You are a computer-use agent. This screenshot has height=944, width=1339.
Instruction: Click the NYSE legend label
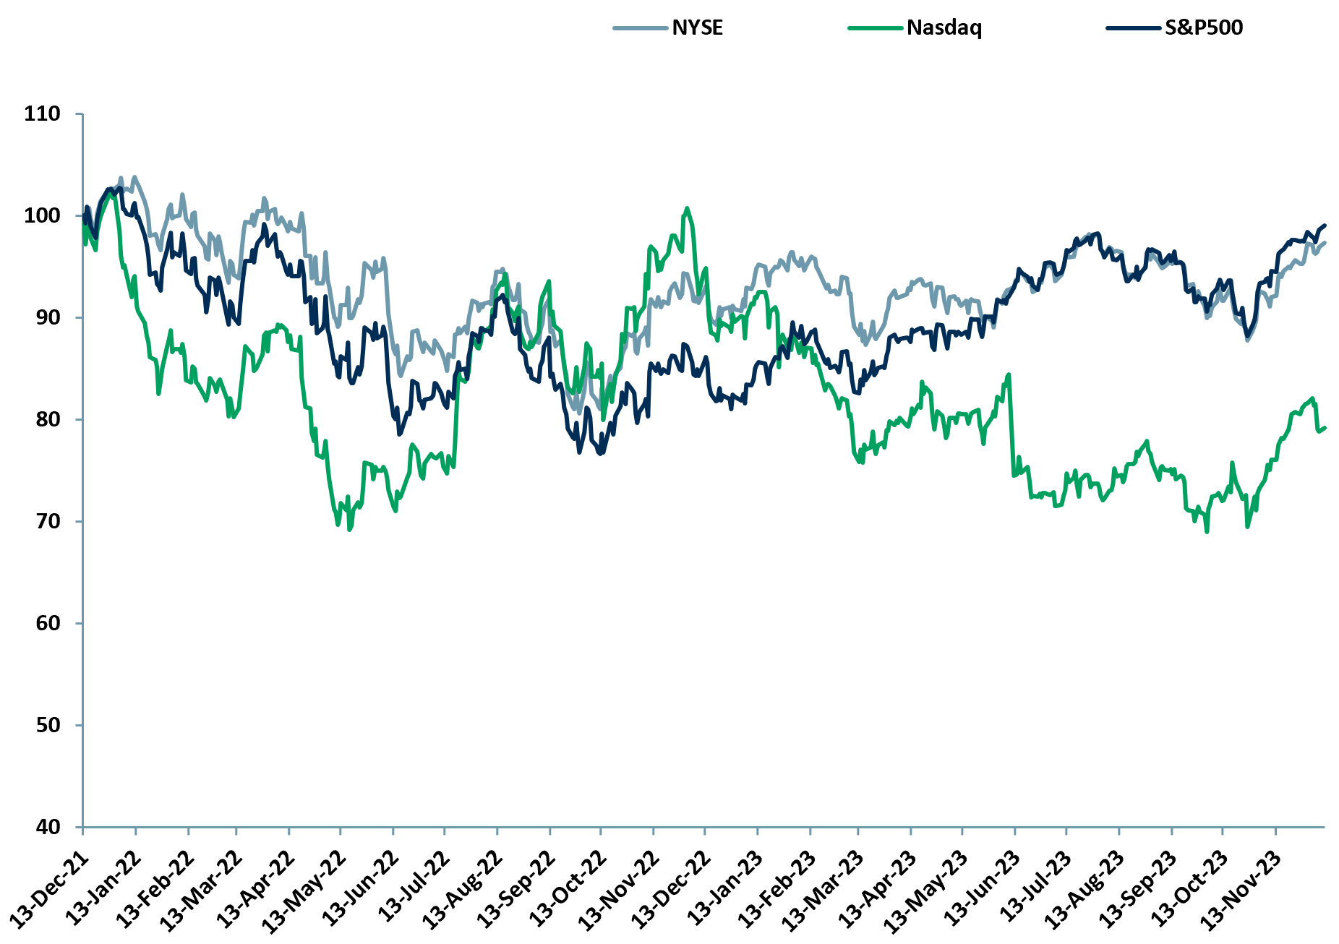[697, 28]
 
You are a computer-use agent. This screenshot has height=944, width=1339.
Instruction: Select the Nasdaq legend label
[944, 28]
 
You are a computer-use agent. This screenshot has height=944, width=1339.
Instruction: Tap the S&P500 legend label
[1203, 28]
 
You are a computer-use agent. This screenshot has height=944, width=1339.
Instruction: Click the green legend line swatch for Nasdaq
[875, 28]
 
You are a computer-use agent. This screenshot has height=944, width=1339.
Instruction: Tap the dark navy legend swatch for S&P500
[1133, 28]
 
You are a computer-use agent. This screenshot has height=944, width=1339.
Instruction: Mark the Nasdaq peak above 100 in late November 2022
[686, 208]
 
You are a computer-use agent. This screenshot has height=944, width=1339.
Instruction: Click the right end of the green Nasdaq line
[1324, 427]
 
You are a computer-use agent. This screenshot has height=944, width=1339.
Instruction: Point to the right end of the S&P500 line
[1325, 225]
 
